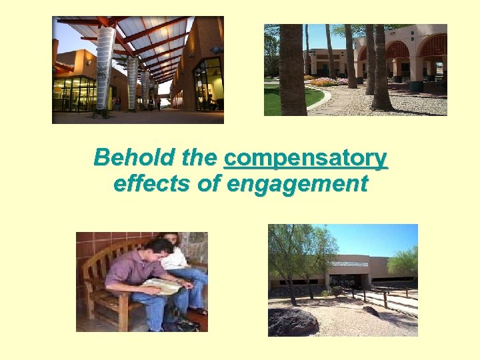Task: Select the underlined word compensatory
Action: [306, 159]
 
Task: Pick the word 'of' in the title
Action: [211, 183]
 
